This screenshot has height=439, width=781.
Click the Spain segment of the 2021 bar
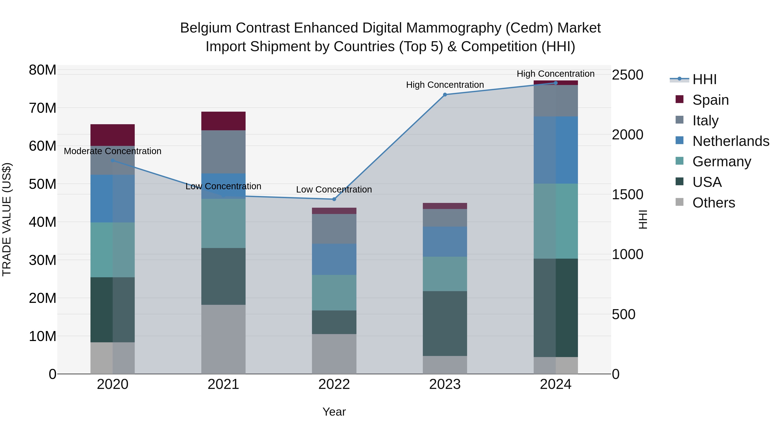(x=223, y=121)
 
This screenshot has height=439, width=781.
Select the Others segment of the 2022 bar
(x=334, y=354)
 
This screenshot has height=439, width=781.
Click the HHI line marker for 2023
(x=445, y=95)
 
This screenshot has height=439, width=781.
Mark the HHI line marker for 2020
(x=112, y=160)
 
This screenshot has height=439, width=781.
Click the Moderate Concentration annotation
(x=112, y=151)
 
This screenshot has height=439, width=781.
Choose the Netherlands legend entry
(x=730, y=141)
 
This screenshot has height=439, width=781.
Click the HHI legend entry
(x=704, y=79)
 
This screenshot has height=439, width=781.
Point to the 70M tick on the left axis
(x=43, y=108)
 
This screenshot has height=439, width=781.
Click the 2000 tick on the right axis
(x=627, y=134)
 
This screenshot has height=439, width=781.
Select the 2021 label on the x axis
(x=223, y=384)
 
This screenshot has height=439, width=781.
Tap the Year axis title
(x=334, y=412)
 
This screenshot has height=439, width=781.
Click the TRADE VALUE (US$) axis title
(x=7, y=219)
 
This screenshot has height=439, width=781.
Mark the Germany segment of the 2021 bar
(x=223, y=223)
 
